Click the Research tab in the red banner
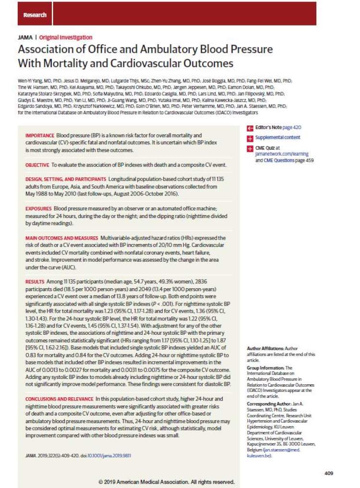point(35,15)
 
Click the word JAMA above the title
point(24,37)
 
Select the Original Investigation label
point(66,37)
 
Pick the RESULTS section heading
point(35,280)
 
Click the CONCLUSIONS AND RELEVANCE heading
point(60,399)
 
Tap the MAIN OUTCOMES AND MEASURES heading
point(61,238)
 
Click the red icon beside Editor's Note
point(250,128)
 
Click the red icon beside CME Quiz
point(250,149)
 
